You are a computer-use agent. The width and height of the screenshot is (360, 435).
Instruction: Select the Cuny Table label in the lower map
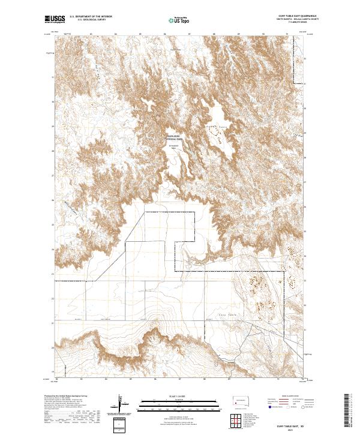tap(215, 314)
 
